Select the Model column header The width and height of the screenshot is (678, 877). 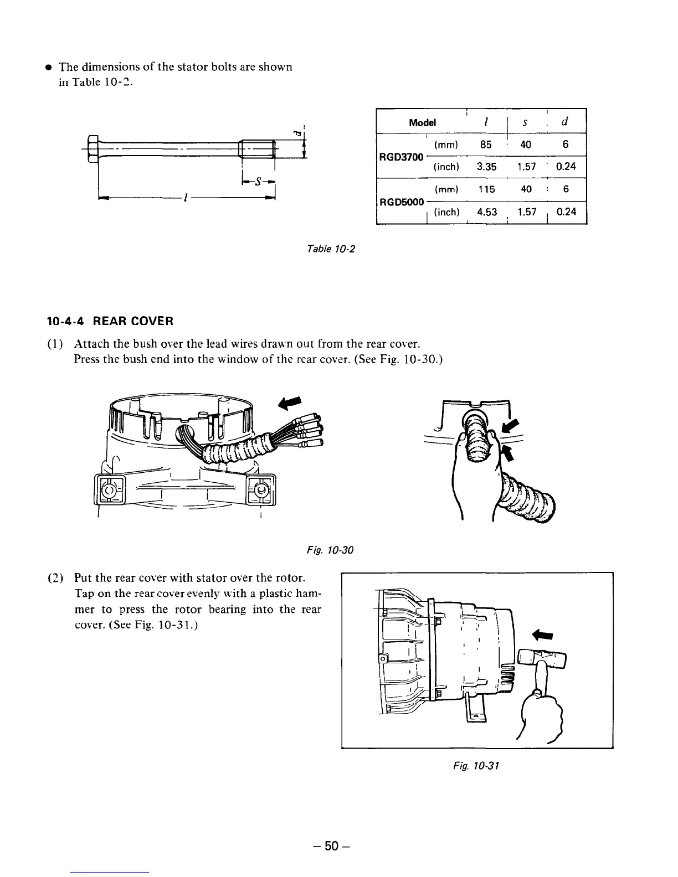coord(422,122)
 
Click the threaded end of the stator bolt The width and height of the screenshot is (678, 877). coord(258,148)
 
